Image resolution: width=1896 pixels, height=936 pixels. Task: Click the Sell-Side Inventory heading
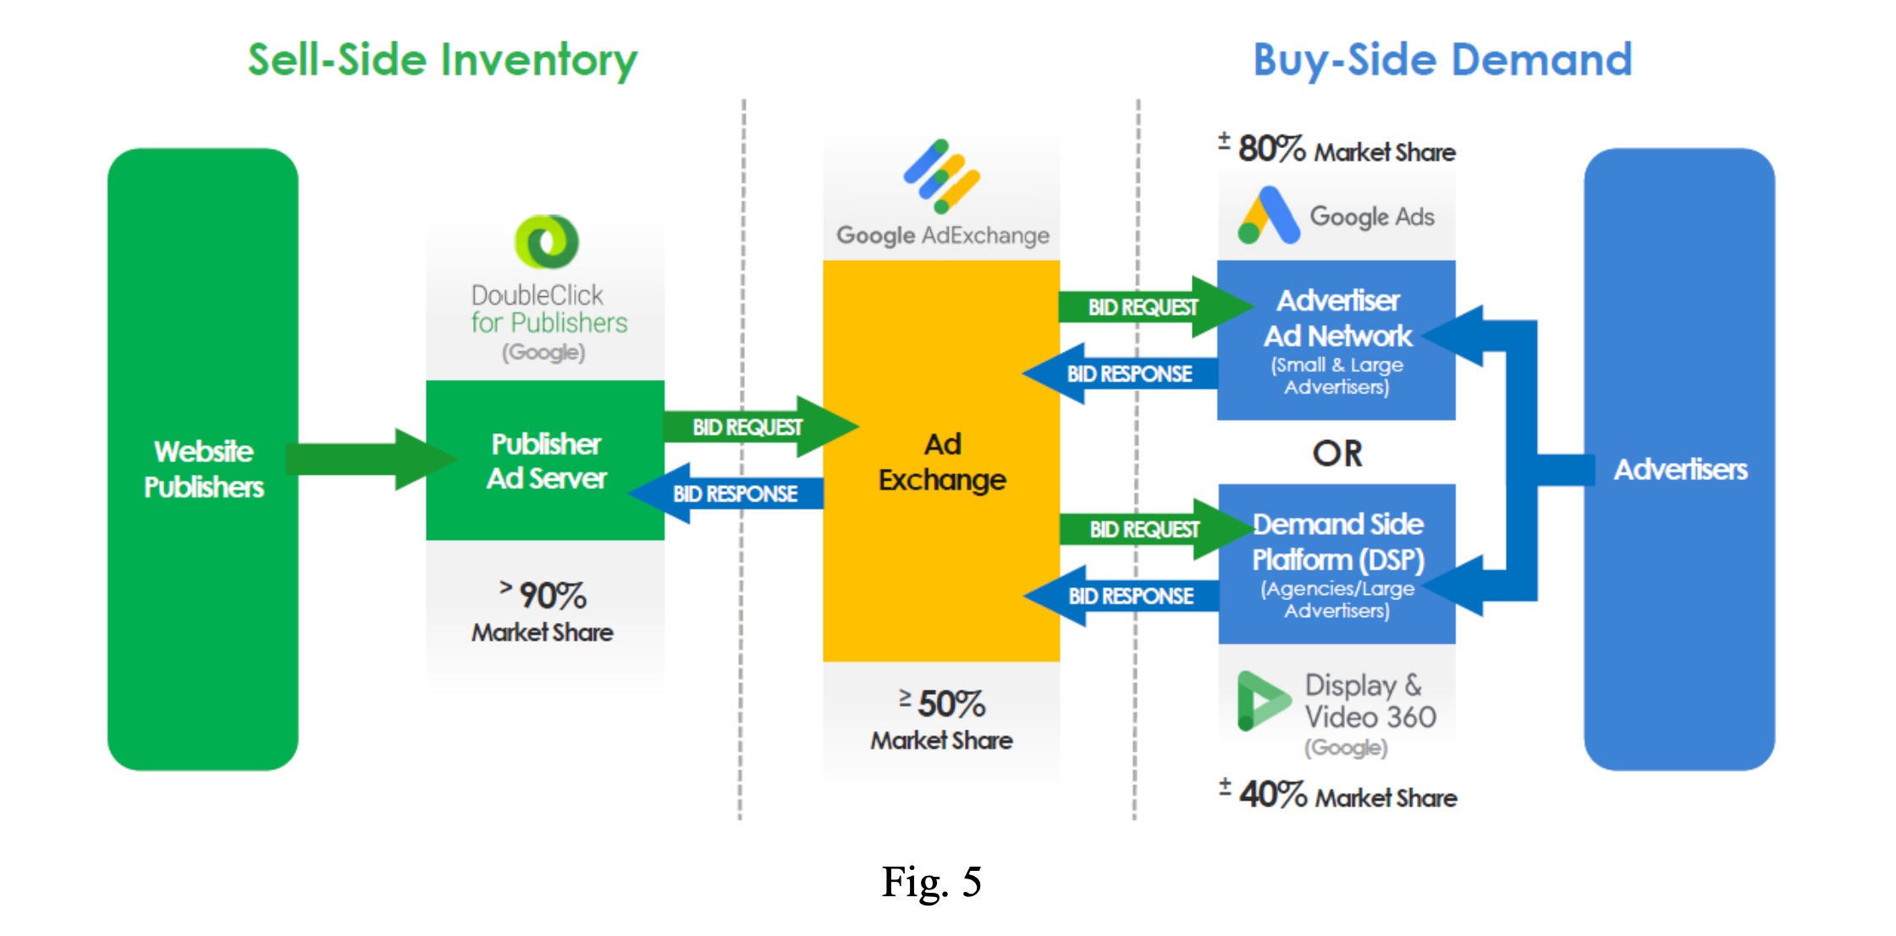[x=442, y=60]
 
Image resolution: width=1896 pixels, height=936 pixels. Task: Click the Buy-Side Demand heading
[x=1442, y=60]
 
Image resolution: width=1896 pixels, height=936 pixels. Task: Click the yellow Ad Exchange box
[x=941, y=462]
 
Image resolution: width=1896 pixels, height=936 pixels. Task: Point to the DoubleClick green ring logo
[x=547, y=241]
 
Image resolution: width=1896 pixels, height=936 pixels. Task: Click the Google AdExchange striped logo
[x=941, y=175]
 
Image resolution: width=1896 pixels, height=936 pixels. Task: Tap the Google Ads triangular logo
[x=1268, y=216]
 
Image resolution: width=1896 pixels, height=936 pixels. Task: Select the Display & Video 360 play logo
[x=1262, y=701]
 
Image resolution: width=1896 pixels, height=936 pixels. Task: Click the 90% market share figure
[x=552, y=596]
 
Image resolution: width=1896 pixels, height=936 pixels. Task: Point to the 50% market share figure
[x=951, y=704]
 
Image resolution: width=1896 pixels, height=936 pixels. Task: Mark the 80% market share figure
[x=1270, y=149]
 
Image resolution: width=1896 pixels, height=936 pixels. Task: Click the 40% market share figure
[x=1272, y=795]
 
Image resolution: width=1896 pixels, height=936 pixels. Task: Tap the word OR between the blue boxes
[x=1337, y=454]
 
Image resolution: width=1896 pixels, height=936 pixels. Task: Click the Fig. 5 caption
[x=931, y=882]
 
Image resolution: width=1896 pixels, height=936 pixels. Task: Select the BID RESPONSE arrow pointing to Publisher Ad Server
[x=728, y=493]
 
